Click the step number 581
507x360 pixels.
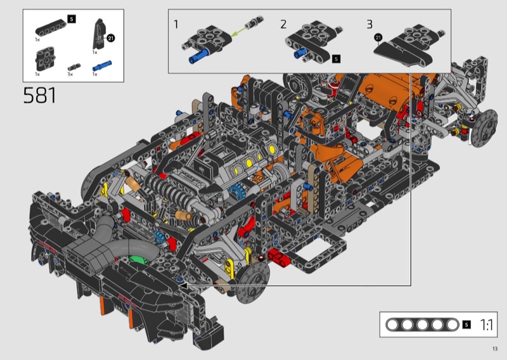click(40, 96)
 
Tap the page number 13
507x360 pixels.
click(495, 349)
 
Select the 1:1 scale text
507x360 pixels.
click(486, 325)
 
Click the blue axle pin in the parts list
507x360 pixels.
click(102, 66)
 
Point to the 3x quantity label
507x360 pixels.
click(70, 74)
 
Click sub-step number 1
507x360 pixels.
click(176, 24)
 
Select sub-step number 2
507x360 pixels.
click(283, 24)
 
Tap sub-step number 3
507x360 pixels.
click(369, 24)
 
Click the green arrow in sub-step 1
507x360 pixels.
click(239, 32)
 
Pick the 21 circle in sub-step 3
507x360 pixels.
click(378, 37)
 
